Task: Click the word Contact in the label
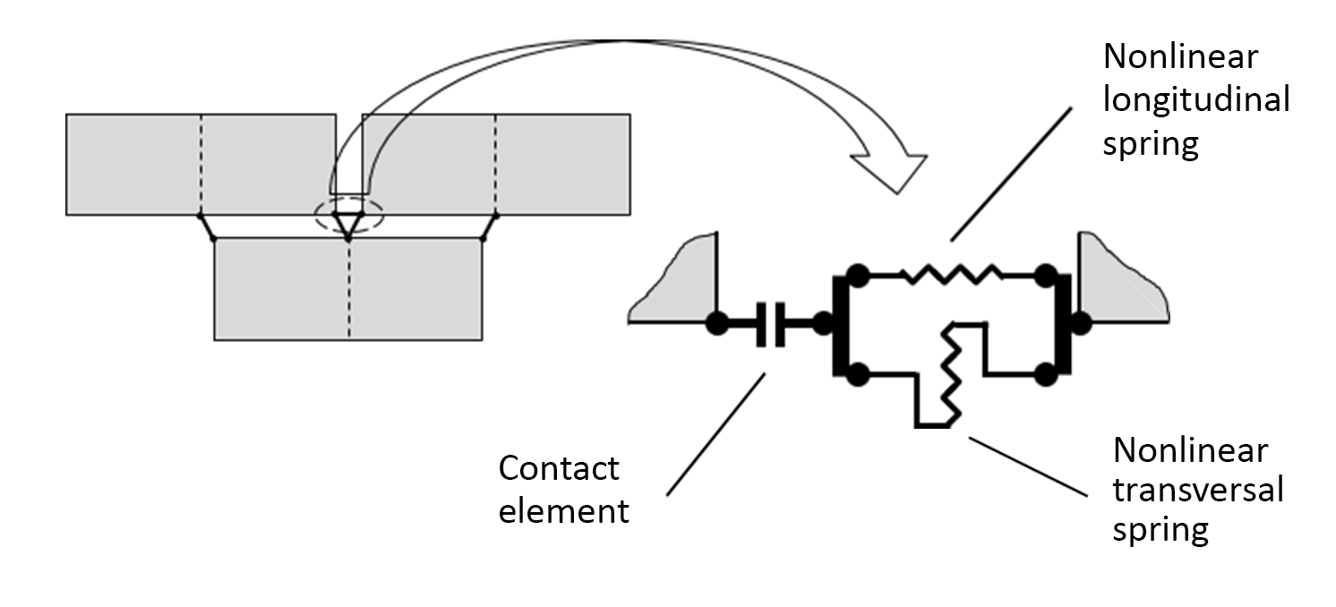click(558, 467)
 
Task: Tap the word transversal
click(1197, 490)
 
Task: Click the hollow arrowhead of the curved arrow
click(890, 169)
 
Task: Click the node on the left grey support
click(716, 323)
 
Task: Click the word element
click(563, 511)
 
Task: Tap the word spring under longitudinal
click(1150, 143)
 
